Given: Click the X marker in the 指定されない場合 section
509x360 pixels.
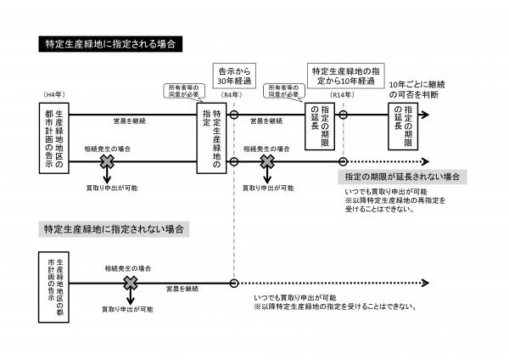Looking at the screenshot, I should pyautogui.click(x=131, y=283).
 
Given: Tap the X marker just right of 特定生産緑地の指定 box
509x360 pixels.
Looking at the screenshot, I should pyautogui.click(x=267, y=161).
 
